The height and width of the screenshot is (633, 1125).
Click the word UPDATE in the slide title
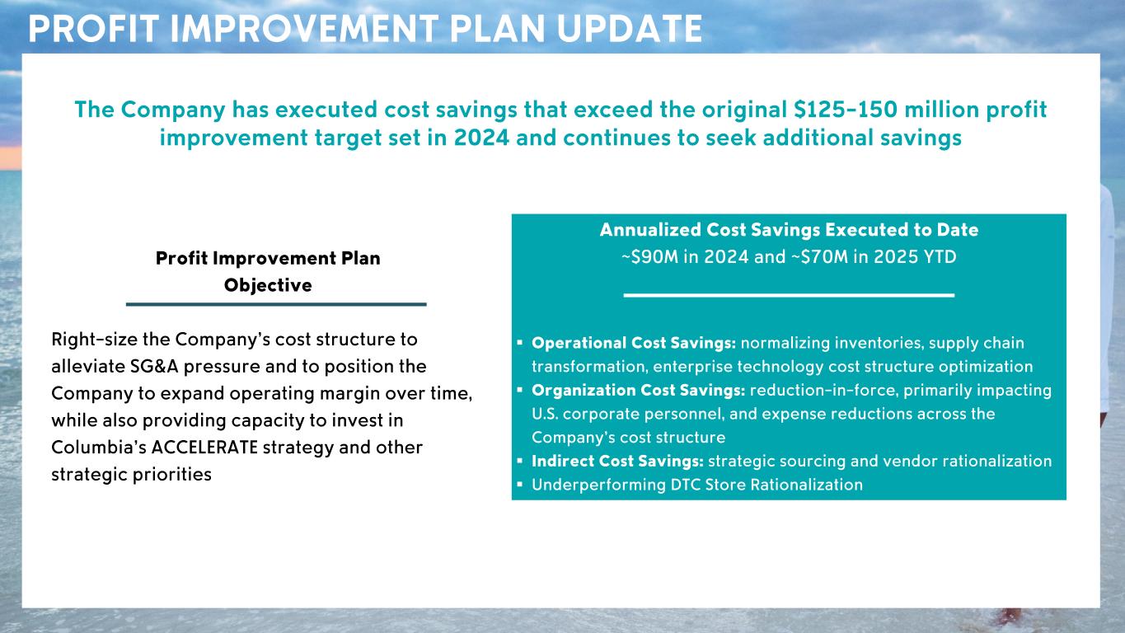[630, 29]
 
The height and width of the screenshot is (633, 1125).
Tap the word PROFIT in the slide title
[94, 29]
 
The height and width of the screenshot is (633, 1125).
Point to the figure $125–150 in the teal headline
[846, 110]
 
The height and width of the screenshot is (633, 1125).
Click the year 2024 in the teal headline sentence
[481, 138]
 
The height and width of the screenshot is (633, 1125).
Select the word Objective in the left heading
[268, 285]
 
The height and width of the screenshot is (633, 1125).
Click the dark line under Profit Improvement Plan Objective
[276, 304]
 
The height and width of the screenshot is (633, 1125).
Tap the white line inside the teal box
[789, 295]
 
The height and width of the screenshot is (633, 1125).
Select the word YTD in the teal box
[940, 256]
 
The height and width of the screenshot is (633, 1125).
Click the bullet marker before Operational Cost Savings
[520, 343]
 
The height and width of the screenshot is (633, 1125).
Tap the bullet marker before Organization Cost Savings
[520, 390]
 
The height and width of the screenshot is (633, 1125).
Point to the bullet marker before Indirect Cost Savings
[520, 461]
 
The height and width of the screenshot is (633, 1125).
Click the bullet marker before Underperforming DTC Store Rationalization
[520, 485]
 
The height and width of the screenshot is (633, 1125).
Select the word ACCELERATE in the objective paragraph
[204, 447]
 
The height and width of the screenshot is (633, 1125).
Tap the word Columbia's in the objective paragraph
[98, 447]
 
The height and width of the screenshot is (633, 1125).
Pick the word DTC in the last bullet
[686, 485]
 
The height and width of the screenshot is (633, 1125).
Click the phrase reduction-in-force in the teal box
[824, 391]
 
